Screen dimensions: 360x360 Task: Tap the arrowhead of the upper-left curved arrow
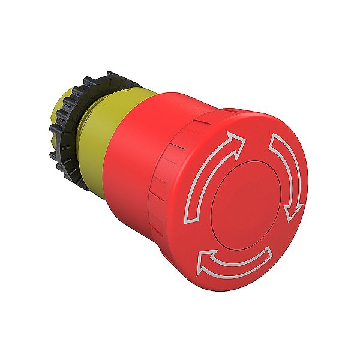238,143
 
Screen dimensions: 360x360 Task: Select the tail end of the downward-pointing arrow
274,139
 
